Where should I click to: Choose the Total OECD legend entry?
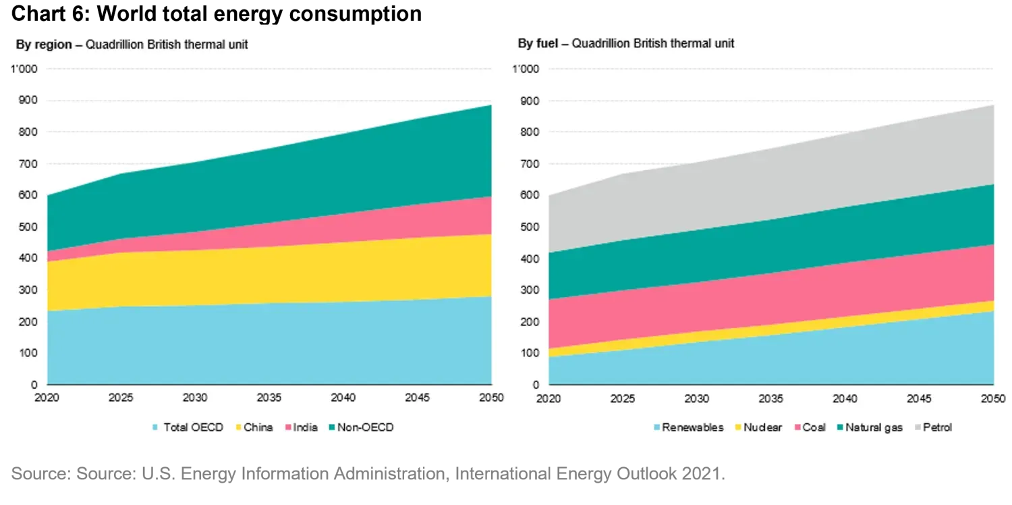(193, 427)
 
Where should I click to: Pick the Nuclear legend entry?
(762, 427)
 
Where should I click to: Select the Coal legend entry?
(814, 427)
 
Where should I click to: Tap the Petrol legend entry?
(937, 427)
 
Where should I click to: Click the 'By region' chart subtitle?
(132, 45)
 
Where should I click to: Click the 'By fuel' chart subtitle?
(626, 44)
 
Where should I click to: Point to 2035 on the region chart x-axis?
(269, 398)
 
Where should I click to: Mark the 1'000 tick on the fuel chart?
(526, 70)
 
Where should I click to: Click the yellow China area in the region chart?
(270, 273)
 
